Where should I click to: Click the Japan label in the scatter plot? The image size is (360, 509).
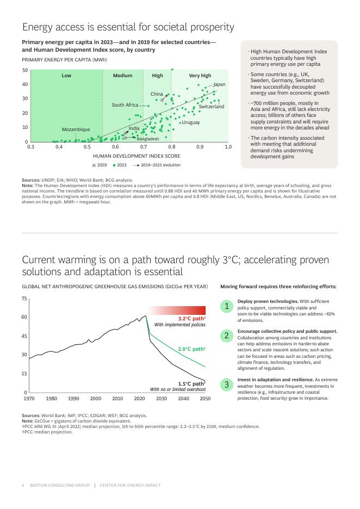coord(219,84)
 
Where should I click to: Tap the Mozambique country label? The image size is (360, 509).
coord(76,129)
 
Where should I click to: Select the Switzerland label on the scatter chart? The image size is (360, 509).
coord(211,107)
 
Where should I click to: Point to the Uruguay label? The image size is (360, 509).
coord(190,122)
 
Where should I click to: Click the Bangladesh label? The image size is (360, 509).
coord(148,139)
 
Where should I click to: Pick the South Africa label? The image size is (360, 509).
coord(125,105)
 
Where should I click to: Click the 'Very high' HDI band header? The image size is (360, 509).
coord(200,76)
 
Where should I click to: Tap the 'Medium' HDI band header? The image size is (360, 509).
coord(122,76)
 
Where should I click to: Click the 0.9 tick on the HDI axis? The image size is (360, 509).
coord(200,147)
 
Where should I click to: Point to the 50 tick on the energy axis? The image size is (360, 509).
coord(25,70)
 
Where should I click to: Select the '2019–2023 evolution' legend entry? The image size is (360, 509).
coord(160,165)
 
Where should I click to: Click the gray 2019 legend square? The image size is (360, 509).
coord(94,165)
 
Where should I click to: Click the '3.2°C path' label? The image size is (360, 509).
coord(191,319)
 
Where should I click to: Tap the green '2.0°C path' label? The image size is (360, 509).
coord(191,349)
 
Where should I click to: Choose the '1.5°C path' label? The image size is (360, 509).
coord(191,383)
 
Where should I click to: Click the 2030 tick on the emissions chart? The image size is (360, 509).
coord(162,399)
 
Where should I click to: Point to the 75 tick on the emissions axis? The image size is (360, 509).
coord(24,299)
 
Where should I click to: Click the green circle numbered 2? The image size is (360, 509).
coord(227,336)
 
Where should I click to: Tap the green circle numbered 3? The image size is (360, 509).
coord(227,384)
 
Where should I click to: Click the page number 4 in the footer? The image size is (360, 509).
coord(23,485)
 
